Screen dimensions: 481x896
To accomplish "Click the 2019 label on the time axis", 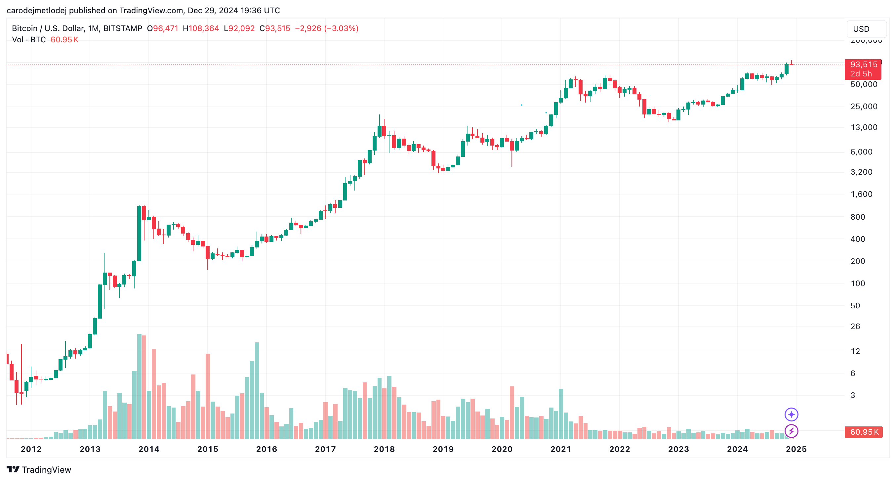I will (443, 449).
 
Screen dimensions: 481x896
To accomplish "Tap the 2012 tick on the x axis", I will (31, 449).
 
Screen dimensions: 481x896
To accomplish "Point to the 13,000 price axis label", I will (864, 127).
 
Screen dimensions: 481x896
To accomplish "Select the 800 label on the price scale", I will (857, 217).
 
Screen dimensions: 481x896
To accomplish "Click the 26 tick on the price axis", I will (855, 327).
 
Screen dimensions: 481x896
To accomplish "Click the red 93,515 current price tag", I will (863, 65).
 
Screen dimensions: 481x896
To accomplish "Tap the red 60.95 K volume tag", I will (864, 432).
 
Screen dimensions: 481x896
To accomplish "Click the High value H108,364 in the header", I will (201, 28).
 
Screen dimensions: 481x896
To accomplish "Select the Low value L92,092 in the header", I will (239, 28).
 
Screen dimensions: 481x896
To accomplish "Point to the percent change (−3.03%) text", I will (341, 28).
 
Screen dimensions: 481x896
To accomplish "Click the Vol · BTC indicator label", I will (29, 40).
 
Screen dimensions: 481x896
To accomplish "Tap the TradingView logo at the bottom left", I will (39, 469).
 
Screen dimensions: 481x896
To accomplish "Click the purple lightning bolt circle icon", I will (791, 431).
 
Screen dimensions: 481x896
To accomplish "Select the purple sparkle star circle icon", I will (791, 415).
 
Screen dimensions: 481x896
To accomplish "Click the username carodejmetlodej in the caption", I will (36, 11).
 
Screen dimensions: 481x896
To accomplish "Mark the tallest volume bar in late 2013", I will (139, 386).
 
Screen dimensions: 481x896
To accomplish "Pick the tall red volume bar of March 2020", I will (512, 413).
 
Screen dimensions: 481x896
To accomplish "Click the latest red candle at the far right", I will (791, 64).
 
